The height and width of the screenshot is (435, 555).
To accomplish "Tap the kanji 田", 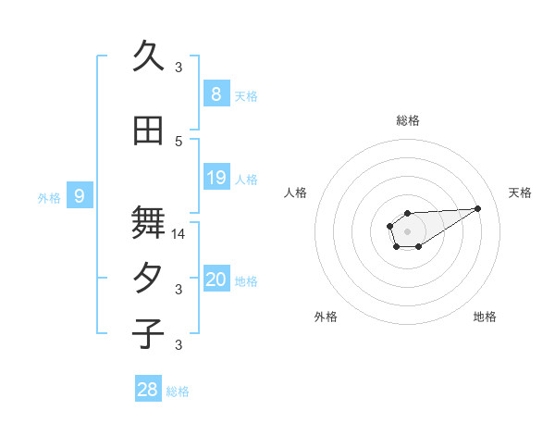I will (148, 132).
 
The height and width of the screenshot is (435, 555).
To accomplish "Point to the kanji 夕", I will (148, 279).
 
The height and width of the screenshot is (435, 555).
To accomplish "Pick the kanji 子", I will (148, 333).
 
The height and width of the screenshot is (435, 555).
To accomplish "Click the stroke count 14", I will (179, 234).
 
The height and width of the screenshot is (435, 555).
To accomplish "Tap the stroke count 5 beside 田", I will (179, 141).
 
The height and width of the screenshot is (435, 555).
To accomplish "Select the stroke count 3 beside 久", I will (179, 67).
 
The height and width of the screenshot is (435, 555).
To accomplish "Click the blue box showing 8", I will (216, 93).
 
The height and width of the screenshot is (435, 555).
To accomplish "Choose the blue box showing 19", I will (216, 177).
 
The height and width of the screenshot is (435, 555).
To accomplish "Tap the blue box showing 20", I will (216, 280).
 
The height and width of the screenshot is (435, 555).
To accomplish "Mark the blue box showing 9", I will (80, 195).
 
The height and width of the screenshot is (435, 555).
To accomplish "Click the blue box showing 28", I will (148, 390).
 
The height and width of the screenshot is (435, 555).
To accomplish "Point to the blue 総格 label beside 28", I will (178, 391).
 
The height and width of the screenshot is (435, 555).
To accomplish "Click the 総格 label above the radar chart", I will (407, 120).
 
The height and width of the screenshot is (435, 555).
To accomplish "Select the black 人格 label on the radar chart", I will (296, 193).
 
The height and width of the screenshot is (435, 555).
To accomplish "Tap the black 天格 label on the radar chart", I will (520, 193).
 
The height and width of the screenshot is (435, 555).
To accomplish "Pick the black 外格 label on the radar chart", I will (326, 317).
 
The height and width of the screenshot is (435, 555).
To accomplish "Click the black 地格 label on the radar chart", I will (485, 317).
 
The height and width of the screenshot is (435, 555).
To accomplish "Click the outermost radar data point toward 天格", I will (477, 207).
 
